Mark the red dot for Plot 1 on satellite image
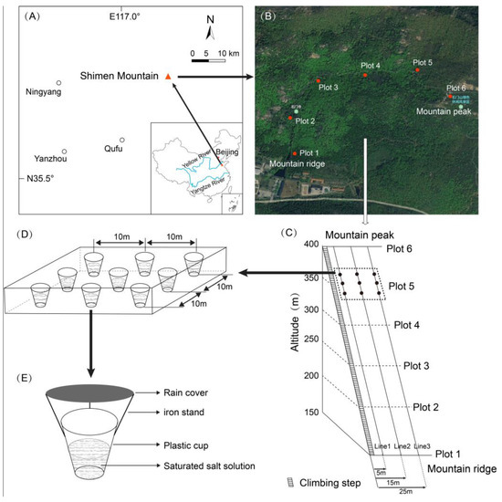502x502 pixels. point(294,153)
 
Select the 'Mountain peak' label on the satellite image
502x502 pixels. point(443,110)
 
